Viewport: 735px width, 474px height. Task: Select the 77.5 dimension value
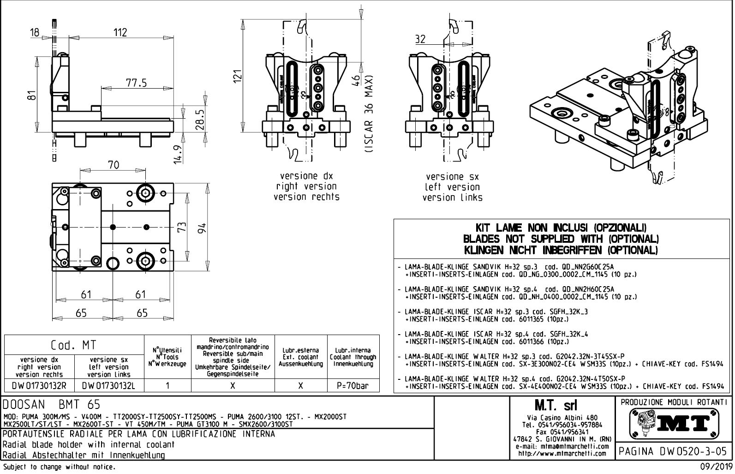point(136,83)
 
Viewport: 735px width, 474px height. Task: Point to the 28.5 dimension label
point(199,119)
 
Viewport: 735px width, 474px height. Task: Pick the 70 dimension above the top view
point(114,165)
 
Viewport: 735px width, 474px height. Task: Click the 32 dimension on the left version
point(420,39)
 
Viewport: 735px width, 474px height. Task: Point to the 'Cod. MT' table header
point(74,345)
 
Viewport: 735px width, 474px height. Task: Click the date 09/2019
point(717,467)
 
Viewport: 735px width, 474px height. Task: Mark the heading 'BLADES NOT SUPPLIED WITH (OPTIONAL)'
point(561,239)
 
